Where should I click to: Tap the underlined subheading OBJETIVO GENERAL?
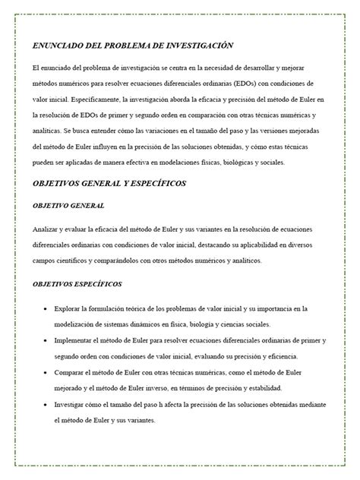(68, 206)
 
